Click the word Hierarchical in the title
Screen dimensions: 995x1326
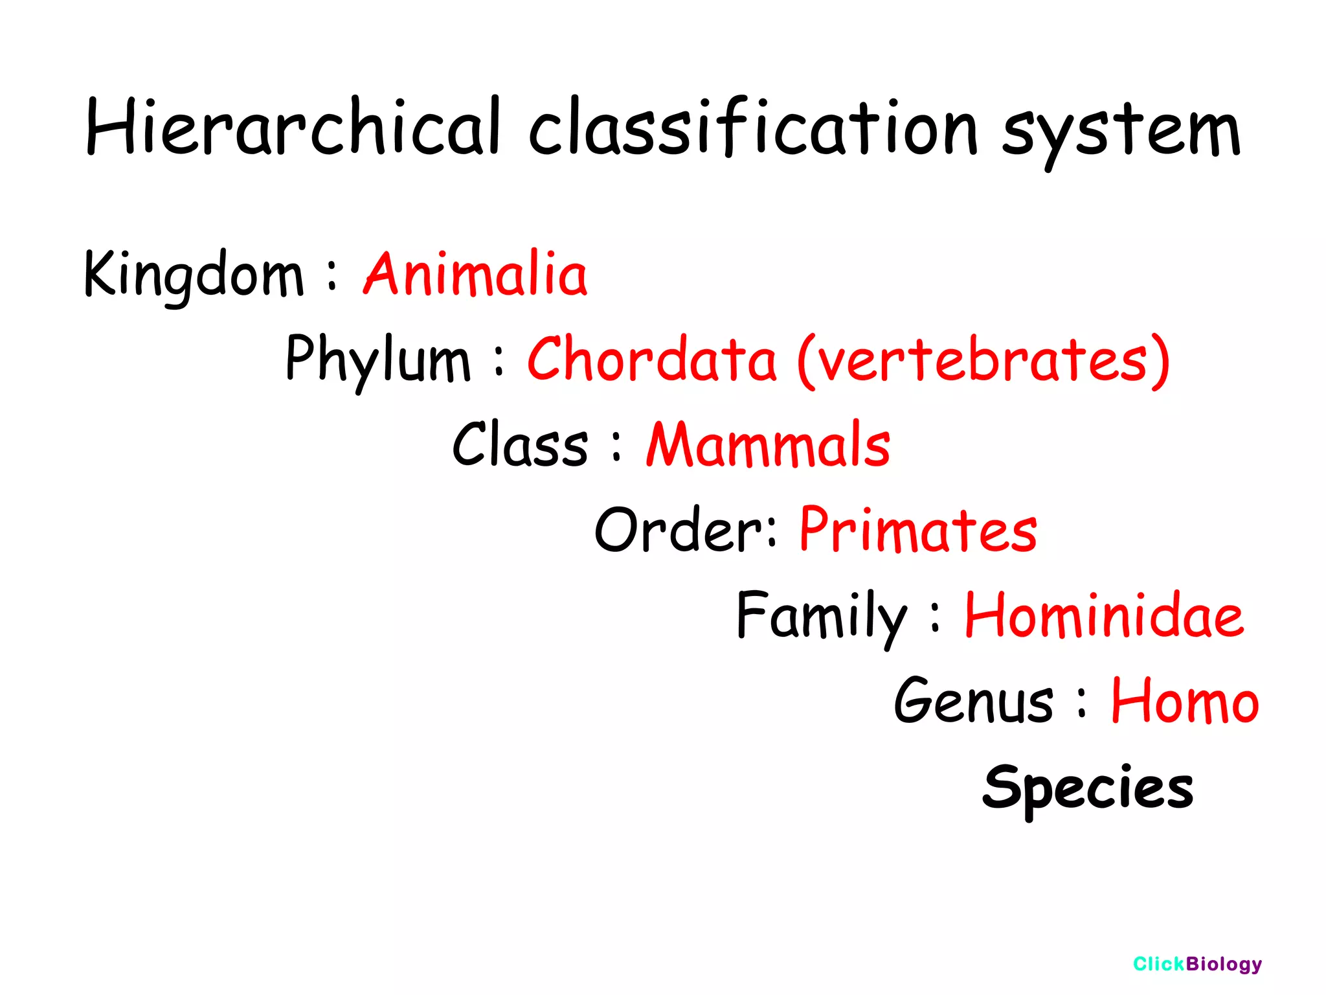[293, 128]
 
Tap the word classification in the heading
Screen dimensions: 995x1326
[752, 128]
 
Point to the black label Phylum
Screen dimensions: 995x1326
[377, 360]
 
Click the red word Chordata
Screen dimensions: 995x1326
[651, 360]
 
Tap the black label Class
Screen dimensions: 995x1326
[520, 445]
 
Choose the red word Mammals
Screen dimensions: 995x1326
[769, 445]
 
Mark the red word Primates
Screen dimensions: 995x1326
[918, 531]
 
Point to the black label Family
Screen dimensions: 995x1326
[821, 616]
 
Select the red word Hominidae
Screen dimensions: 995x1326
[1104, 616]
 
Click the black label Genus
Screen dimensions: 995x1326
[973, 702]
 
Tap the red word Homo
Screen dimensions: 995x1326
[1185, 702]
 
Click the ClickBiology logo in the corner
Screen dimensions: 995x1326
[1197, 964]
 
